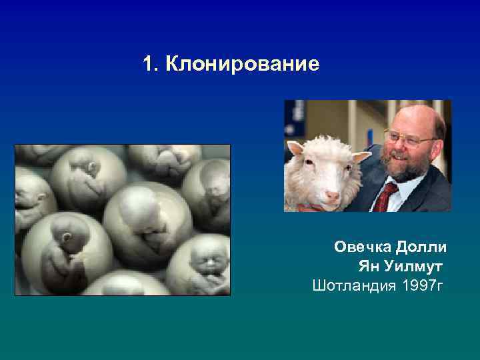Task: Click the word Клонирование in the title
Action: point(243,65)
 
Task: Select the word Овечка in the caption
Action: point(364,248)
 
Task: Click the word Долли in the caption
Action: point(421,248)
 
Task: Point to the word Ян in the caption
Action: point(369,267)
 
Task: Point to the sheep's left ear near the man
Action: point(360,158)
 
